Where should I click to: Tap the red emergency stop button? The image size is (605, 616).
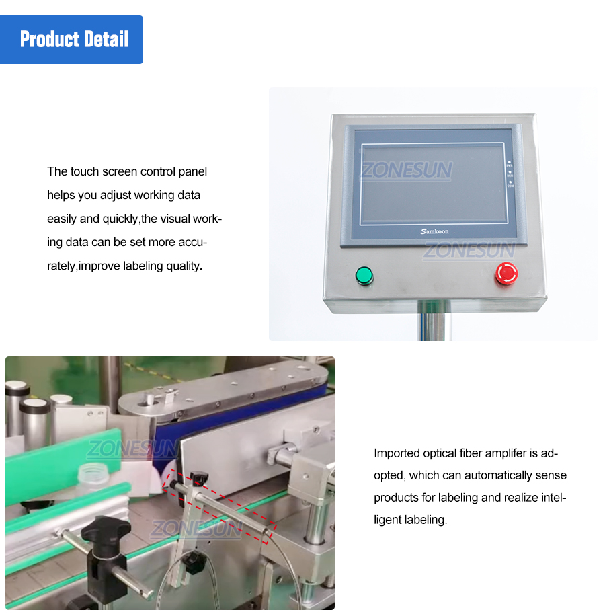[506, 273]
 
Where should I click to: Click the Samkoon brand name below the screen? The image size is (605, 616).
[434, 231]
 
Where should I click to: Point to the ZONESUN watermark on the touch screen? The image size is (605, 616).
[406, 170]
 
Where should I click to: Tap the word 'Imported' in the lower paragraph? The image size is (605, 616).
[397, 453]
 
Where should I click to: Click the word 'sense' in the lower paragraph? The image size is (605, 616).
[553, 475]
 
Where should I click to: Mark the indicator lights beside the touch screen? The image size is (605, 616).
[510, 174]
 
